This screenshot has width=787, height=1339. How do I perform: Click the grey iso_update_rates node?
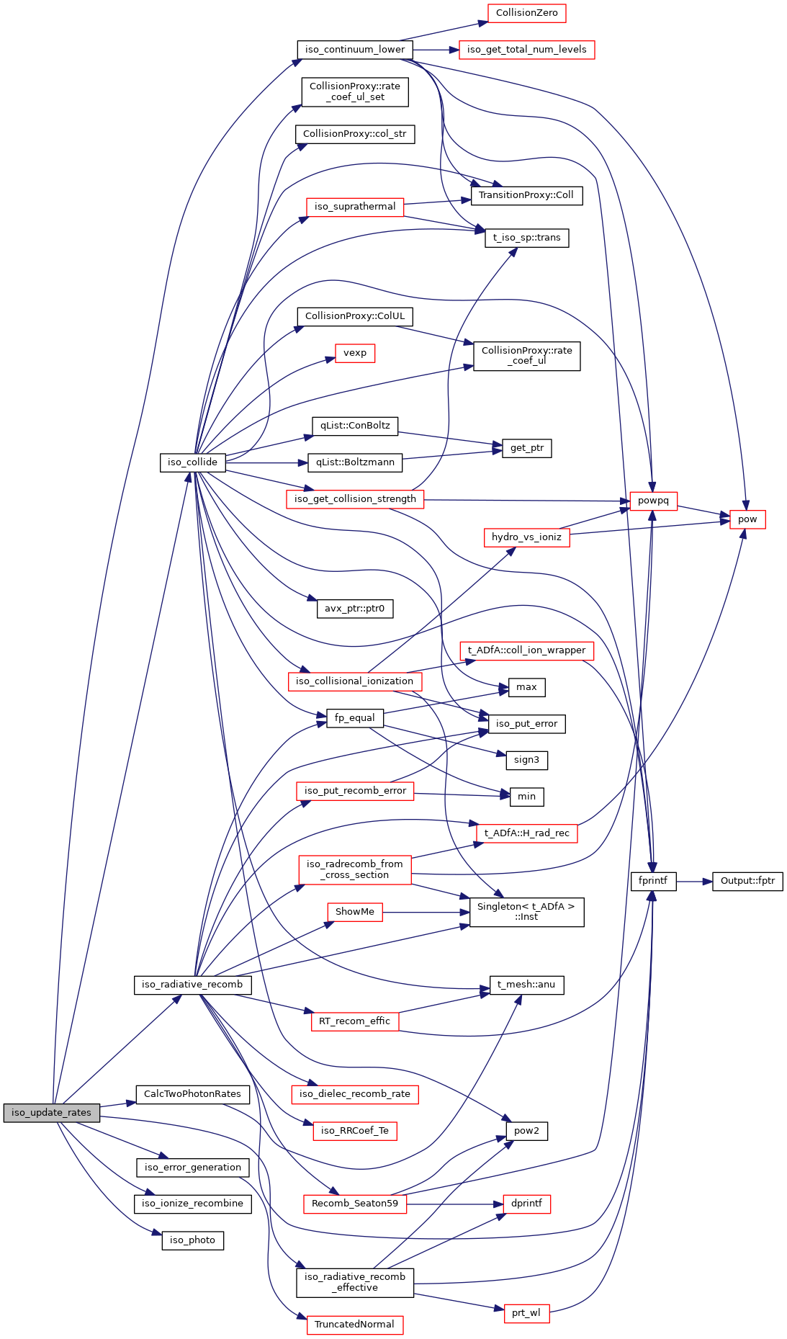point(51,1113)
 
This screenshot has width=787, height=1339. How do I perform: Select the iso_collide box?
point(192,462)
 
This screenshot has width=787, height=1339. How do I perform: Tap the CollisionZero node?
point(526,13)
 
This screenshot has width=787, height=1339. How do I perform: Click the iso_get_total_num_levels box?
point(526,50)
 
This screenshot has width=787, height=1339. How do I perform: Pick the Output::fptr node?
point(747,881)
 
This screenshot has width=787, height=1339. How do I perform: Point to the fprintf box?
point(653,881)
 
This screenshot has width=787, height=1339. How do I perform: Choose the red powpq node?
point(653,501)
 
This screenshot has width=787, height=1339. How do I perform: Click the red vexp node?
point(355,353)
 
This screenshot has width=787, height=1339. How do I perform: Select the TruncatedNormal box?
point(354,1325)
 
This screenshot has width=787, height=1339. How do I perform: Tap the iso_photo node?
point(192,1240)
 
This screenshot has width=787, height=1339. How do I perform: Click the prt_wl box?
point(526,1313)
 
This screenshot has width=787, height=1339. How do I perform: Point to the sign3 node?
point(526,760)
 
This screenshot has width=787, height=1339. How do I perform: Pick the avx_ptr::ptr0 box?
point(355,609)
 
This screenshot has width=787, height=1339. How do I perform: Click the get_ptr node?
point(527,448)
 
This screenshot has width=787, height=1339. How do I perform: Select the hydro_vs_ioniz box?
point(526,537)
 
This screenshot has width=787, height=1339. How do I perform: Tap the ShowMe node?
point(355,912)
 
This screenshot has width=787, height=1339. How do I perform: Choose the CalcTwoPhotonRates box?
point(192,1094)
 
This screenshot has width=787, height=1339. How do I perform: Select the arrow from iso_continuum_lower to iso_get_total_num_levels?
point(436,50)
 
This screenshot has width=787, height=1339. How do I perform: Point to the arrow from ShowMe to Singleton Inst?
point(426,912)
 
